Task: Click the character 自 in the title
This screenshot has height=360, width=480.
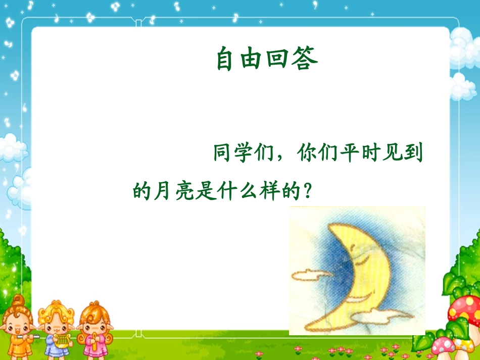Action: coord(227,59)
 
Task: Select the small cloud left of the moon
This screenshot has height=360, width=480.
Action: coord(309,276)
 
